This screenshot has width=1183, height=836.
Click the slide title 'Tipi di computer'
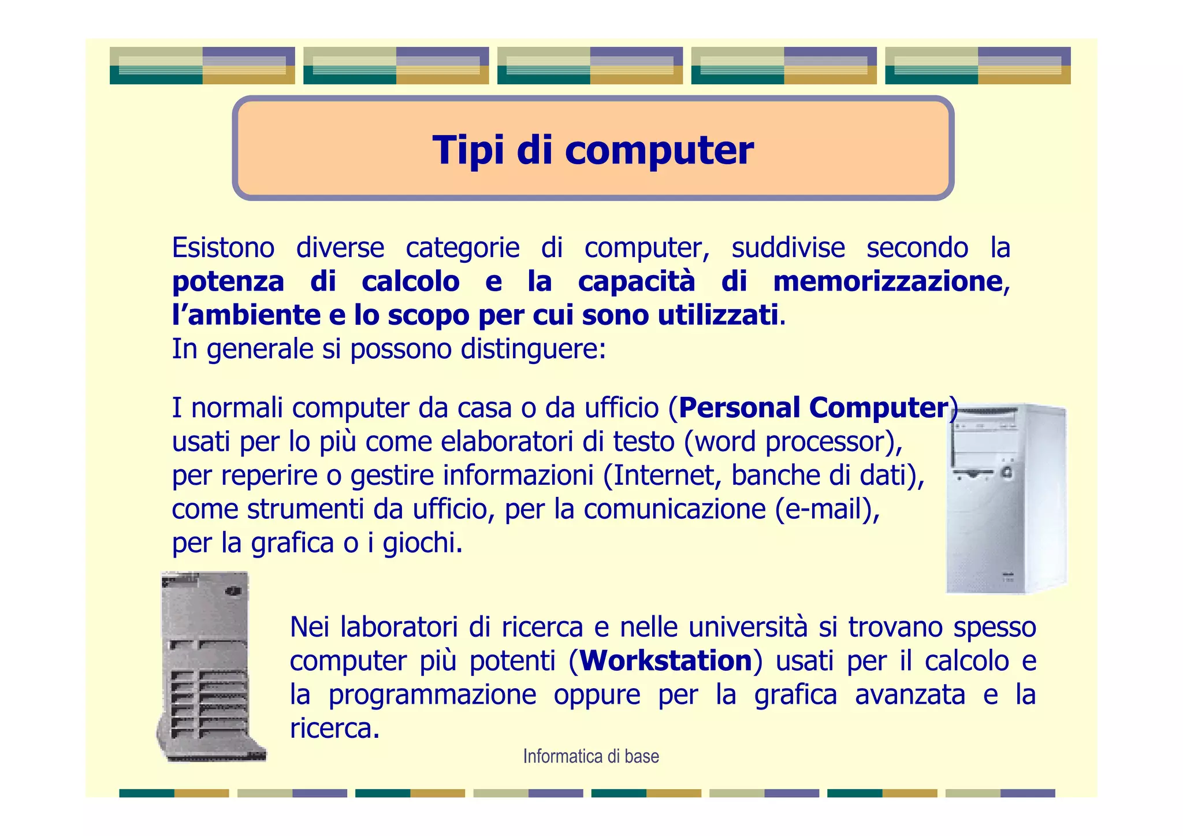(593, 150)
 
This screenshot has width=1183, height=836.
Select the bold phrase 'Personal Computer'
(813, 407)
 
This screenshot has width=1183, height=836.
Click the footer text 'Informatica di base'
(591, 756)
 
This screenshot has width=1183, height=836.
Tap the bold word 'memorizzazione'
(887, 281)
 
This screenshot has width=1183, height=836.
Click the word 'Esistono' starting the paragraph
(223, 248)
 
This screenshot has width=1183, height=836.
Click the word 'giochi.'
(423, 543)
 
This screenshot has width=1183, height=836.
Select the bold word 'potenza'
(228, 281)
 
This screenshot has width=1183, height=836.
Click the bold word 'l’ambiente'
(246, 315)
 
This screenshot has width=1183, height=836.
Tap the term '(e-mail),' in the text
(827, 509)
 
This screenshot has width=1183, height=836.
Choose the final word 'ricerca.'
(334, 727)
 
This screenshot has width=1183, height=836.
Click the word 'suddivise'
(788, 248)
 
